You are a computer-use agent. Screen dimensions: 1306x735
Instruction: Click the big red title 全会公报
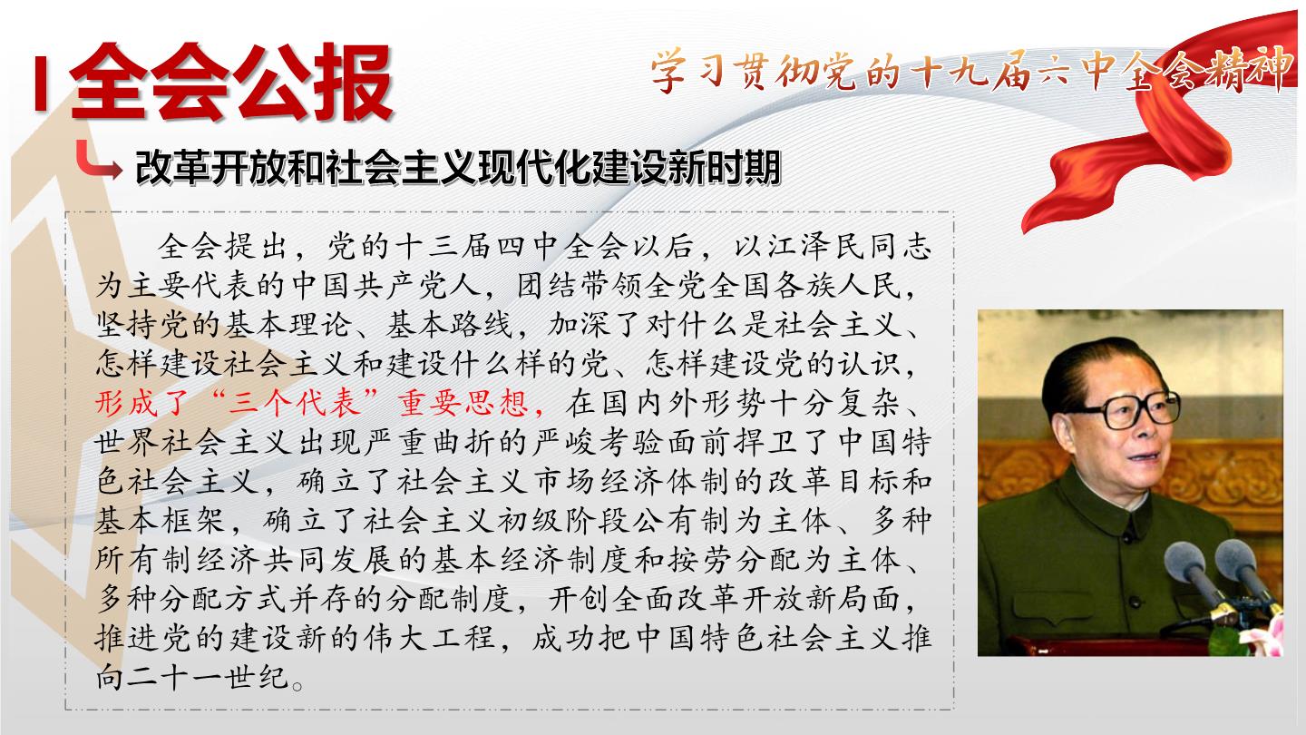(x=231, y=82)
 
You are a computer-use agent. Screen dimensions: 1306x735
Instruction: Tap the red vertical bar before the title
(x=40, y=83)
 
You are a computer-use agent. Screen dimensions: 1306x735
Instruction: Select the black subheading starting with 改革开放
(x=458, y=168)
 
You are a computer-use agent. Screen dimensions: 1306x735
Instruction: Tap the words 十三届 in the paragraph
(x=443, y=247)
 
